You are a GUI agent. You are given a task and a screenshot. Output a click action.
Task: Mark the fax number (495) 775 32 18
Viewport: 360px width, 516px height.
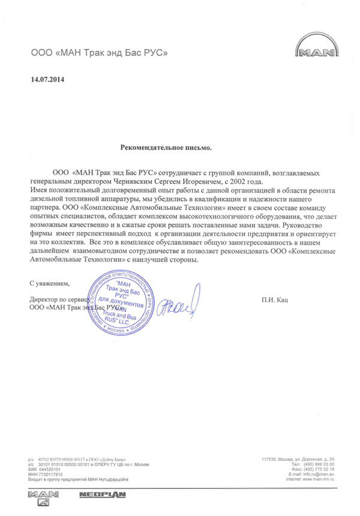click(321, 469)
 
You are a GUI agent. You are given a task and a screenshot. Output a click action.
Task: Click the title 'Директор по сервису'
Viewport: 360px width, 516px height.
click(59, 298)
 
